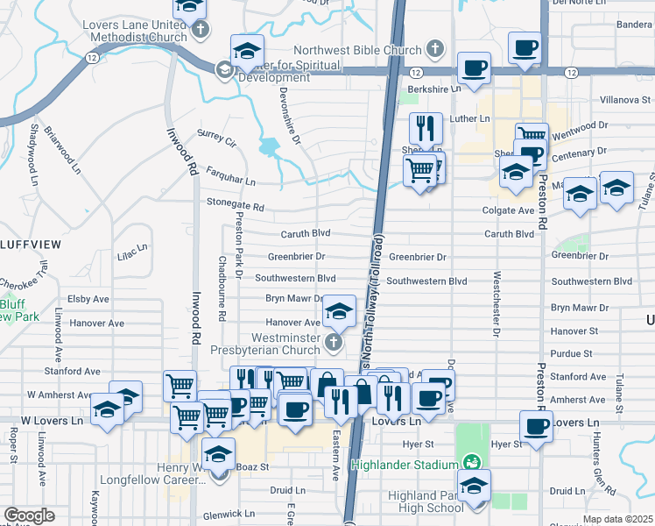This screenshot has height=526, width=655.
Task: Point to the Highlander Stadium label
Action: tap(405, 464)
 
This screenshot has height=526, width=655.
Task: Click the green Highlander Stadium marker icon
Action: tap(471, 462)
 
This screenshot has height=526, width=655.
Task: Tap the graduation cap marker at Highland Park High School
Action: tap(474, 487)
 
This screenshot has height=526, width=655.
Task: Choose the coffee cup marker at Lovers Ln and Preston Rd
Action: tap(536, 428)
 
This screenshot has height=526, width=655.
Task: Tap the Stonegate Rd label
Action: tap(236, 206)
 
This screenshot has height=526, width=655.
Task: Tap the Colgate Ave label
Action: tap(508, 210)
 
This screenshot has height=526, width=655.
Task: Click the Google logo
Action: tap(28, 515)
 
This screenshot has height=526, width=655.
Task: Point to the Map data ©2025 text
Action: tap(616, 519)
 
